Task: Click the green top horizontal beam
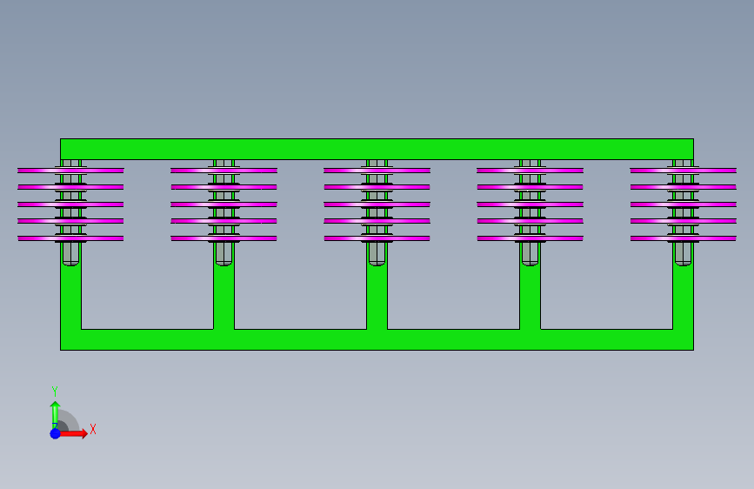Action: (x=377, y=149)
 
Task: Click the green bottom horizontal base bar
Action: (x=377, y=340)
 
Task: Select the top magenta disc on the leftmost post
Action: (x=70, y=171)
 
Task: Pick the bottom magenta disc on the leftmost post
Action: (x=70, y=238)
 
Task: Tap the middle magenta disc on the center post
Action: (x=377, y=204)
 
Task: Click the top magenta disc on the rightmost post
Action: (x=684, y=171)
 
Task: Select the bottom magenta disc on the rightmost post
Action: (x=684, y=238)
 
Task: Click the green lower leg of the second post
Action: (x=224, y=296)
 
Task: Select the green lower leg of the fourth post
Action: (x=530, y=296)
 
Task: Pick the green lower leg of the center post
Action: (x=377, y=296)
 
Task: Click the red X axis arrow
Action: (x=73, y=433)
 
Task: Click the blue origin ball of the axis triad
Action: (x=56, y=433)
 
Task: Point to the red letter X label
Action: (x=93, y=429)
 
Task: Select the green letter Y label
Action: (x=55, y=392)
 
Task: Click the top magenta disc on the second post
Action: (x=224, y=171)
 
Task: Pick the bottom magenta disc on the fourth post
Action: (x=530, y=238)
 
